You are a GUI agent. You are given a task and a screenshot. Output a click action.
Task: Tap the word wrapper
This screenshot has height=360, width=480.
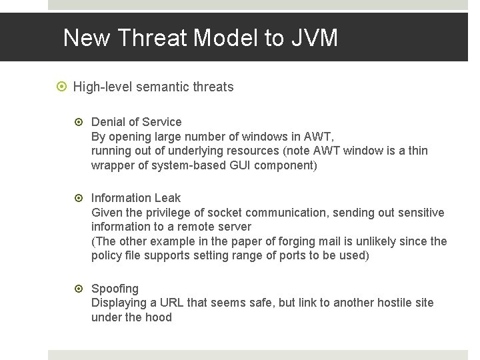[111, 165]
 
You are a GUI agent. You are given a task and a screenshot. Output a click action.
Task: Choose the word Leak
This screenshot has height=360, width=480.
[167, 198]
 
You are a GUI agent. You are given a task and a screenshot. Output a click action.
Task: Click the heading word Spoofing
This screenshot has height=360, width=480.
[115, 289]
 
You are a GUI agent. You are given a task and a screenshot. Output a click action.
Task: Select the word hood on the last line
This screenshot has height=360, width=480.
[158, 317]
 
